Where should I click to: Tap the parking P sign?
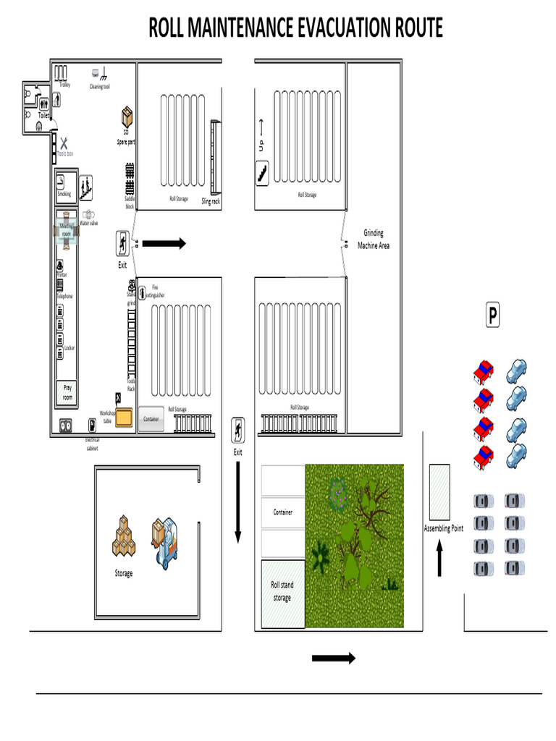point(492,315)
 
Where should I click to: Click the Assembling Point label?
point(444,528)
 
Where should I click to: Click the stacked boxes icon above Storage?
point(124,537)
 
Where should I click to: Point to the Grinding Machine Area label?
point(374,239)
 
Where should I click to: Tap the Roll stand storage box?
point(282,592)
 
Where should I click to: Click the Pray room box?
point(67,391)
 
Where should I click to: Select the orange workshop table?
point(124,418)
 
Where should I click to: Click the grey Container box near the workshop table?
point(151,418)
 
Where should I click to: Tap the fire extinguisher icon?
point(142,293)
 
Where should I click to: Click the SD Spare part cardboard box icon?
point(127,117)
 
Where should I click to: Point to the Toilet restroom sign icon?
point(43,103)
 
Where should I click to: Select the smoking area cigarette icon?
point(64,181)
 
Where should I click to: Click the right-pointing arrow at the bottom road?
point(333,658)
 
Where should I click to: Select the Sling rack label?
point(211,201)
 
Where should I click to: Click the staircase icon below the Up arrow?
point(261,174)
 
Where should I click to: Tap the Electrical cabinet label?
point(93,444)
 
